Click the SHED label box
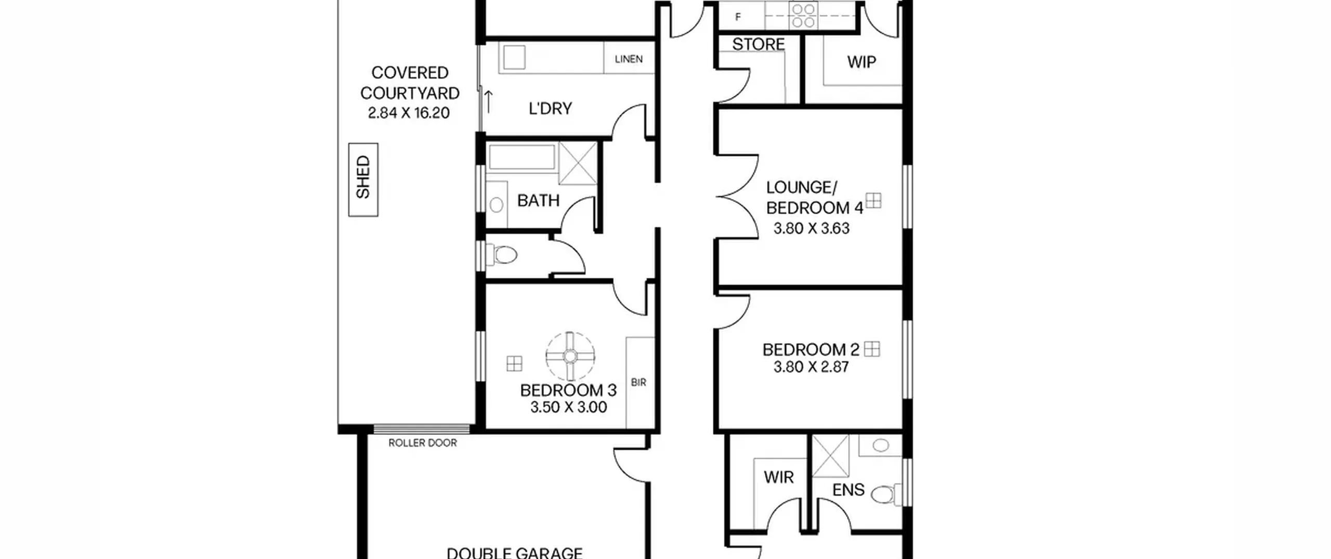pos(363,179)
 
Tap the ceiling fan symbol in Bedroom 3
pos(570,356)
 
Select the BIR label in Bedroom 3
pos(638,382)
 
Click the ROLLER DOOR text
pos(423,443)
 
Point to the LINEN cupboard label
pos(629,59)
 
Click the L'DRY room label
pos(550,108)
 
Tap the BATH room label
pos(538,200)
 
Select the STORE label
pos(759,44)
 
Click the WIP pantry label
pos(862,62)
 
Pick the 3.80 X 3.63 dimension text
pos(811,228)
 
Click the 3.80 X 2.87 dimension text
pos(811,367)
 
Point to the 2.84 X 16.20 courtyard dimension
pos(409,113)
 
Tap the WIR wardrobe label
pos(779,477)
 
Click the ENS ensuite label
pos(849,490)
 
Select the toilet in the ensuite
pos(887,493)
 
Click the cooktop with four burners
pos(803,16)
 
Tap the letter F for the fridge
pos(738,17)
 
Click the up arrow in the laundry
pos(489,101)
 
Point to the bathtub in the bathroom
pos(521,157)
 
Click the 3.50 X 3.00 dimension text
pos(568,407)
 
